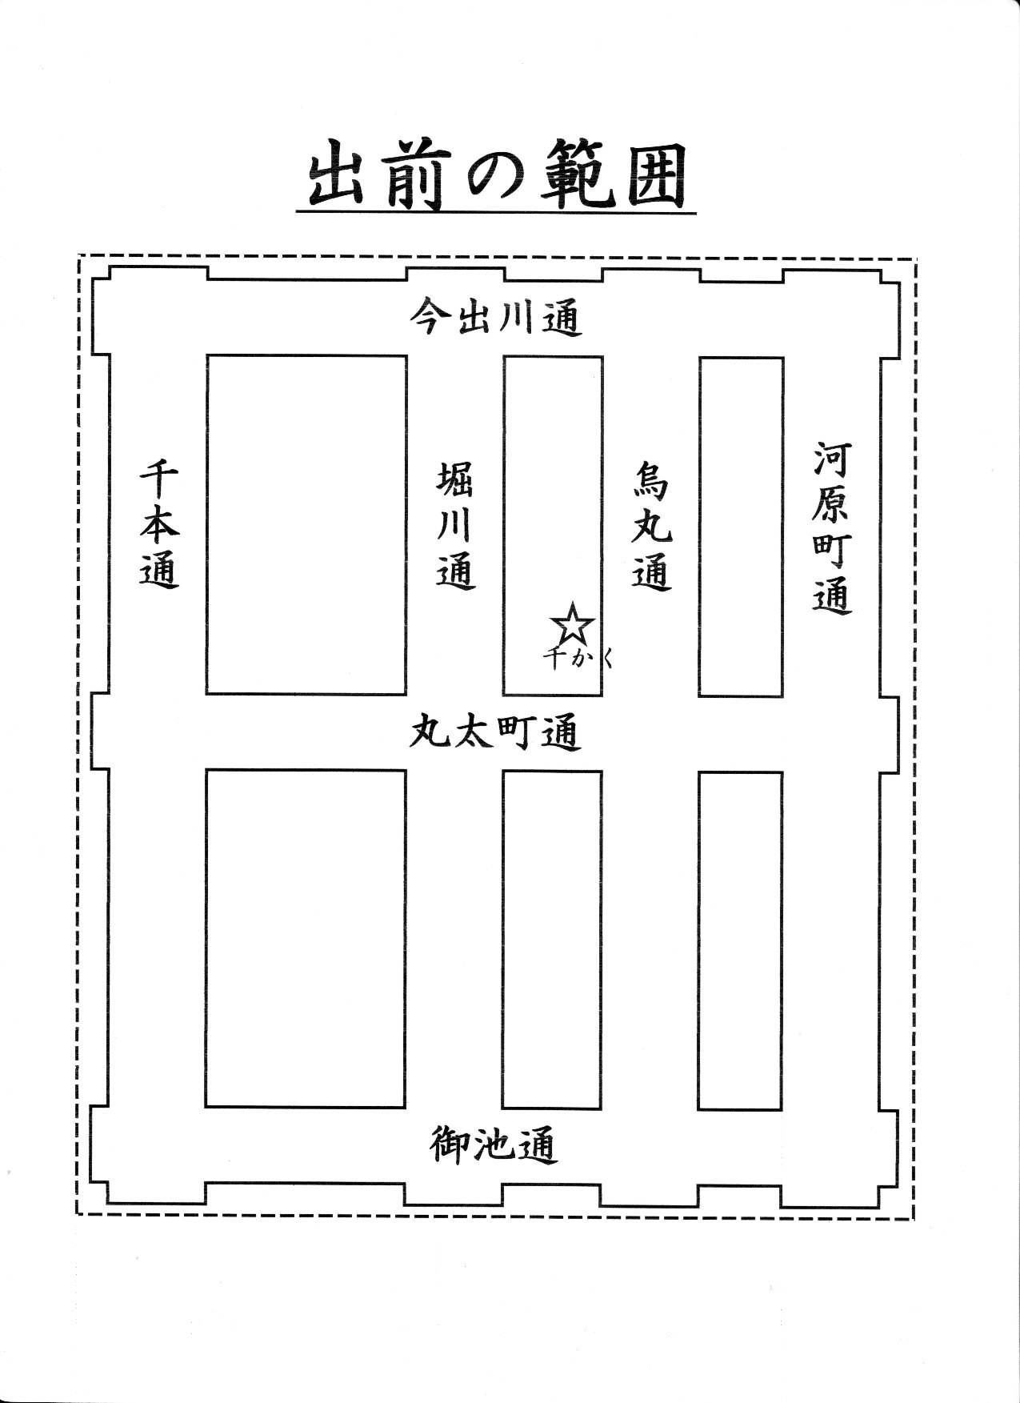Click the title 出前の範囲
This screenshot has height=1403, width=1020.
(x=497, y=178)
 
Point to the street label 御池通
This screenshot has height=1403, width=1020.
(x=492, y=1144)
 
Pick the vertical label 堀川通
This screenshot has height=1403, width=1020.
(x=457, y=526)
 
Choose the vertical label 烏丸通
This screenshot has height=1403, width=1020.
(x=651, y=526)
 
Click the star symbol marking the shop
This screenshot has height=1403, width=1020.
(x=573, y=625)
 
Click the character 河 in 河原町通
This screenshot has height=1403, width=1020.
(x=833, y=459)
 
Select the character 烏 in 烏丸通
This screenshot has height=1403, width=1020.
(x=651, y=481)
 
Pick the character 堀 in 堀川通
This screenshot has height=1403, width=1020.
(x=457, y=481)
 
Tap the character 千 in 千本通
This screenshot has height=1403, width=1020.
(x=161, y=481)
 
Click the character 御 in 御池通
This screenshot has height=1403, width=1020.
(x=449, y=1144)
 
